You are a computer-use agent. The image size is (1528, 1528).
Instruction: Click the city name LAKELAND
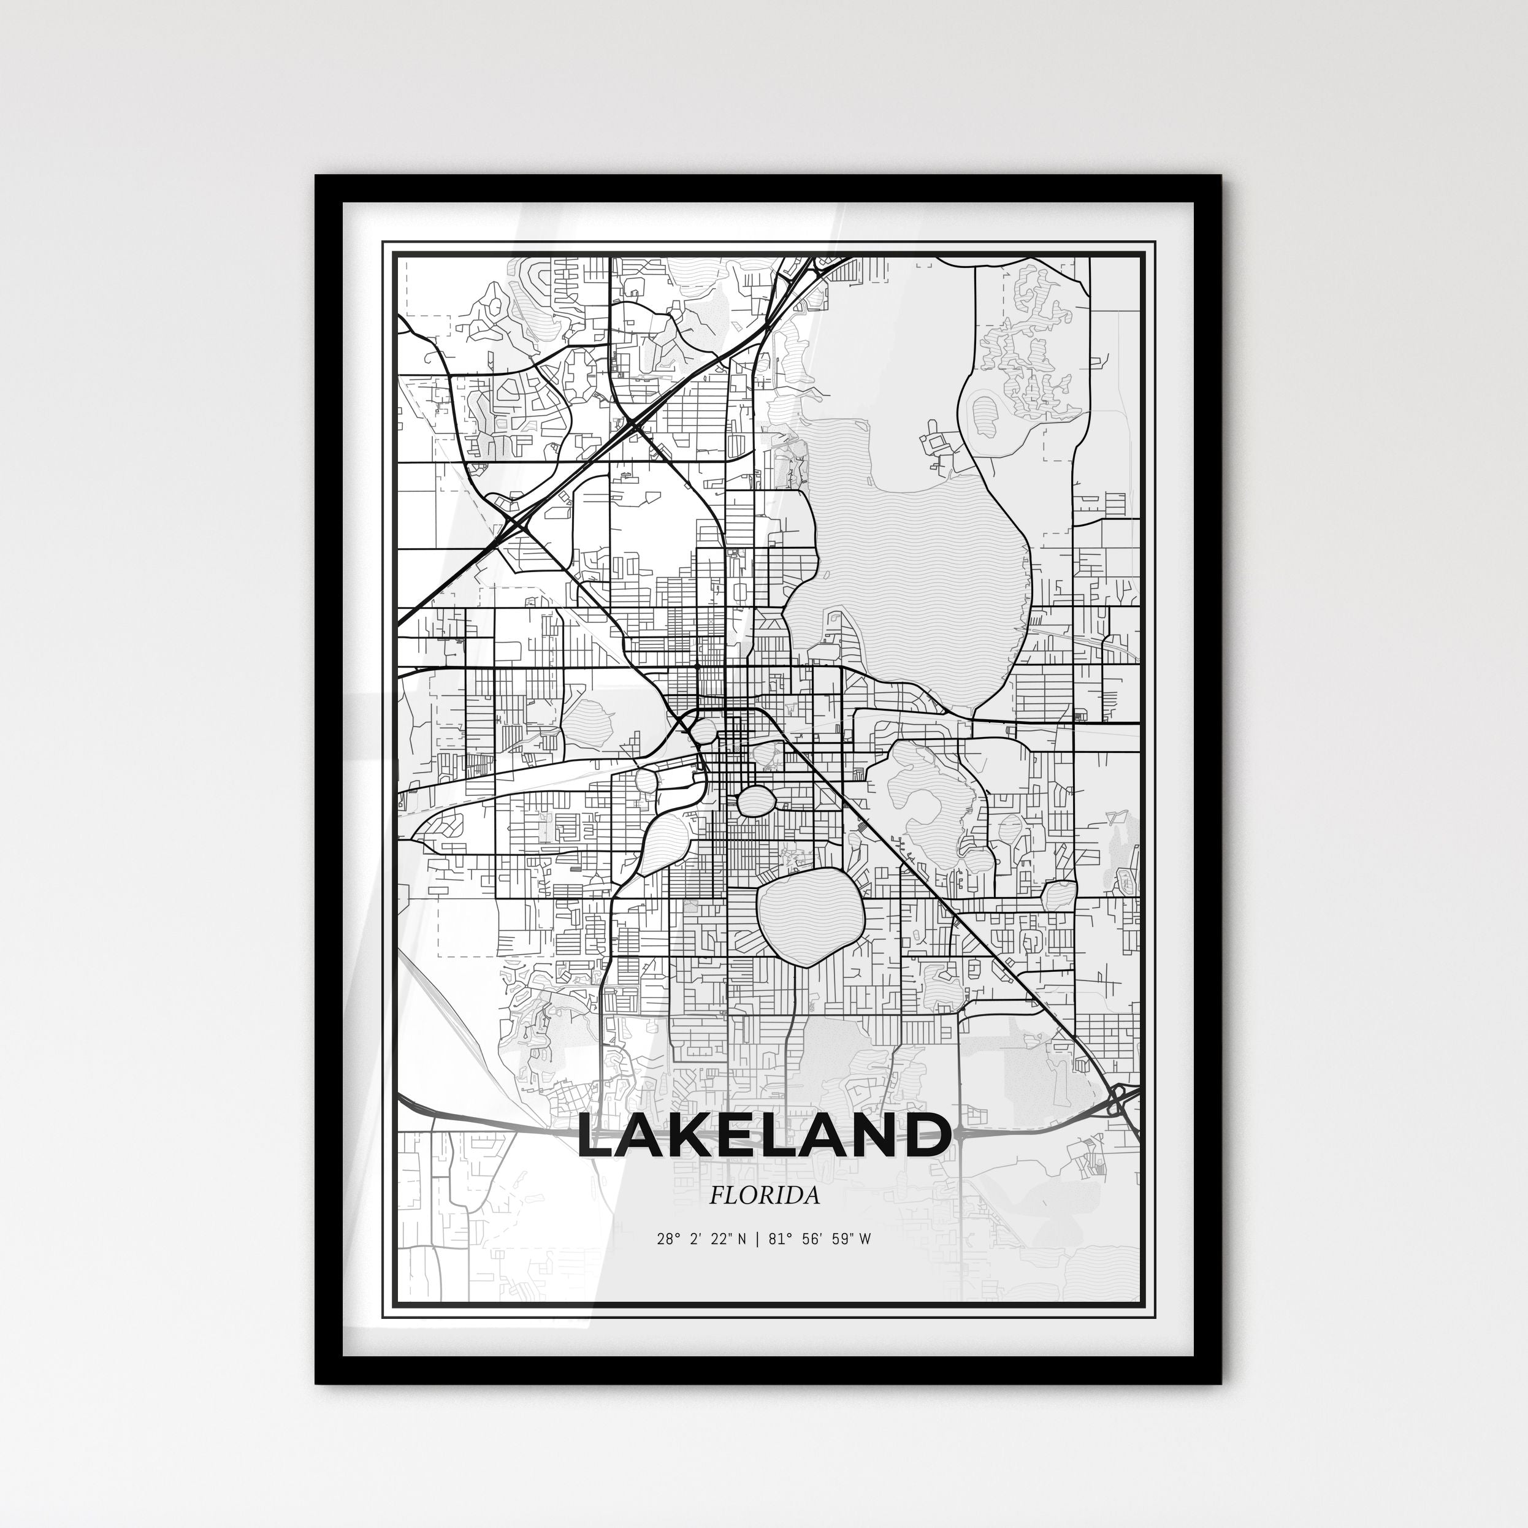(x=763, y=1137)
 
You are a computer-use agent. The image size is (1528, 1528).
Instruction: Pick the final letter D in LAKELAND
(x=924, y=1137)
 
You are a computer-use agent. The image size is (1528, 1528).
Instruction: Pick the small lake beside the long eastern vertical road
(x=1058, y=895)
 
